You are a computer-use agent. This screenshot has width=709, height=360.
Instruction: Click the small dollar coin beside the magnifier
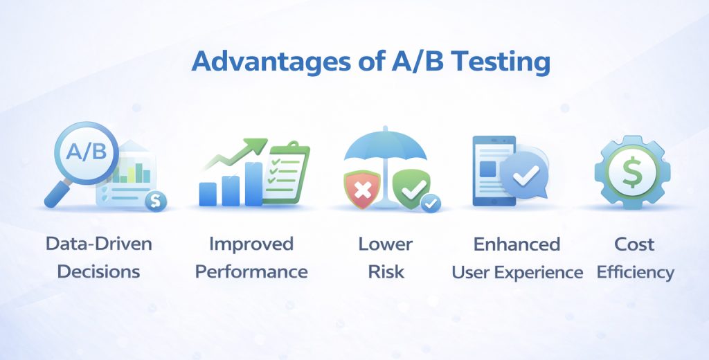point(156,201)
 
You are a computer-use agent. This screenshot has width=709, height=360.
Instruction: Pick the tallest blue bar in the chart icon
point(253,184)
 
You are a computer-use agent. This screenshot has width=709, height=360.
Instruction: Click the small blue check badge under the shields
point(431,203)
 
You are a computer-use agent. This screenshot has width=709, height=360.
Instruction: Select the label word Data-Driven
point(98,244)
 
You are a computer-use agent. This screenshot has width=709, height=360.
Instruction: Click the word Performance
point(251,271)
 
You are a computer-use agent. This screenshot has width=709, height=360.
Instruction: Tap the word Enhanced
point(517,244)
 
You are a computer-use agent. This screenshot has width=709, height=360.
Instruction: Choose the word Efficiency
point(635,272)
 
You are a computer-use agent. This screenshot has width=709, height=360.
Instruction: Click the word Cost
point(635,244)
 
